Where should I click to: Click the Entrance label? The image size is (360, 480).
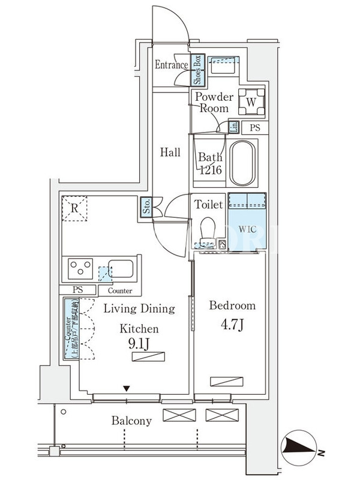(x=172, y=65)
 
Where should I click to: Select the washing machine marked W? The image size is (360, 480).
(x=251, y=101)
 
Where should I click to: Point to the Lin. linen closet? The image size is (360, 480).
(x=234, y=127)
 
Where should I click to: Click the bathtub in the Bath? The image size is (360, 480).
(x=243, y=163)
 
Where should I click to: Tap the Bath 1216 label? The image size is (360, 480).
(x=211, y=164)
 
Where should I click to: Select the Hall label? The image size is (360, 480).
(x=170, y=152)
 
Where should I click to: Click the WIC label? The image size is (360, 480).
(x=247, y=229)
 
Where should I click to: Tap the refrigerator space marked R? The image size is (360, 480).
(x=74, y=209)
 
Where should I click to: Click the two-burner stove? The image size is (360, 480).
(x=80, y=268)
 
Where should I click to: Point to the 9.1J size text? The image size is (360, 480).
(x=139, y=344)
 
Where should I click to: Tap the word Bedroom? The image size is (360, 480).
(x=232, y=305)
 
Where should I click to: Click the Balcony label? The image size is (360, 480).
(x=131, y=421)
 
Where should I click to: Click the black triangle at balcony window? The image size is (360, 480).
(x=126, y=388)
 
